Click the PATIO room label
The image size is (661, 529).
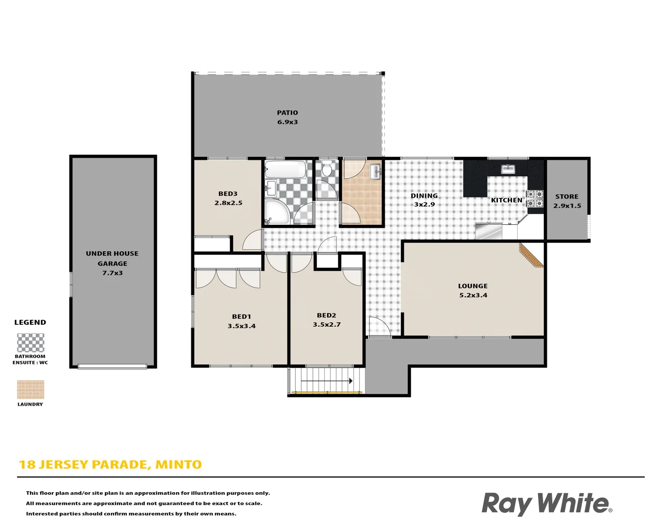point(287,113)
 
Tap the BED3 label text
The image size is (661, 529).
point(228,193)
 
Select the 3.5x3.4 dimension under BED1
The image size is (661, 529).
point(241,326)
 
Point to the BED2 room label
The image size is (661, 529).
point(327,315)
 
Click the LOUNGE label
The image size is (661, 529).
point(472,286)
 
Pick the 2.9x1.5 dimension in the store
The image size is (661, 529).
point(567,206)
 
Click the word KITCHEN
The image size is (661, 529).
point(506,200)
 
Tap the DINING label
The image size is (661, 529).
point(424,195)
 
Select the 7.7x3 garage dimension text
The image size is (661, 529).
point(112,273)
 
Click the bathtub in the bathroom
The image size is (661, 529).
point(285,170)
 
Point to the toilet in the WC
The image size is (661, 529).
point(327,169)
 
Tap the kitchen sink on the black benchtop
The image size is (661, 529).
point(508,169)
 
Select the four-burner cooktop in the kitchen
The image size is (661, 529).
point(535,199)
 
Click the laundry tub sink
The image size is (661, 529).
point(376,170)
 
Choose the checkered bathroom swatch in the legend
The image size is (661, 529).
point(30,342)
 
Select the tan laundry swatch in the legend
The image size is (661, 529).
point(30,390)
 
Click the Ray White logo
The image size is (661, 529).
point(546,504)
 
